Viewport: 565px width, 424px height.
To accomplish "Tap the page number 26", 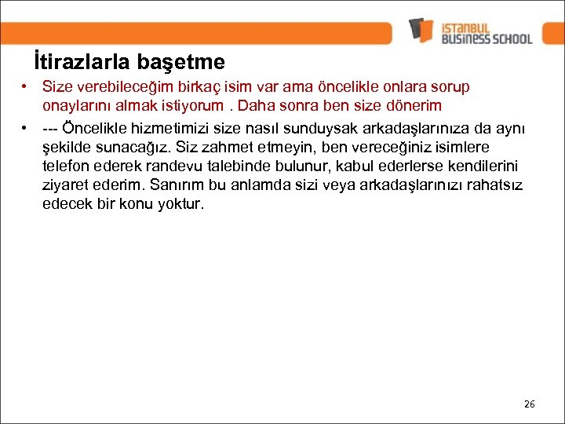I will click(529, 404).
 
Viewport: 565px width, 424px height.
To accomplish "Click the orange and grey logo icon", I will click(421, 30).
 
